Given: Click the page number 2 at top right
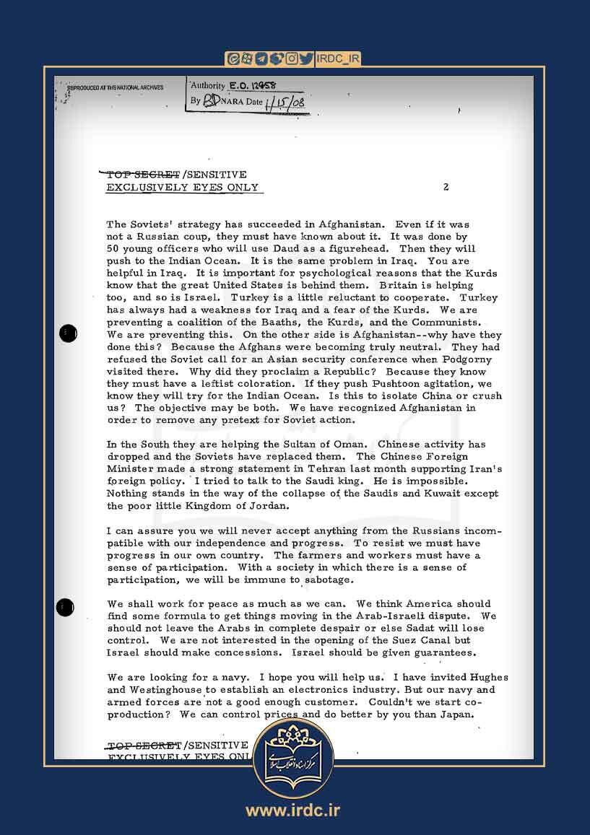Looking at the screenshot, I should click(x=446, y=188).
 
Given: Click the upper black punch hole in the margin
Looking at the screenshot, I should click(x=67, y=333).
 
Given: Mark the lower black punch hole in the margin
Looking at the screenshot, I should click(x=65, y=607).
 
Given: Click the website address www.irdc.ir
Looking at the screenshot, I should click(x=292, y=810).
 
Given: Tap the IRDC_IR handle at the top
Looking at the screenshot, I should click(x=338, y=59).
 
